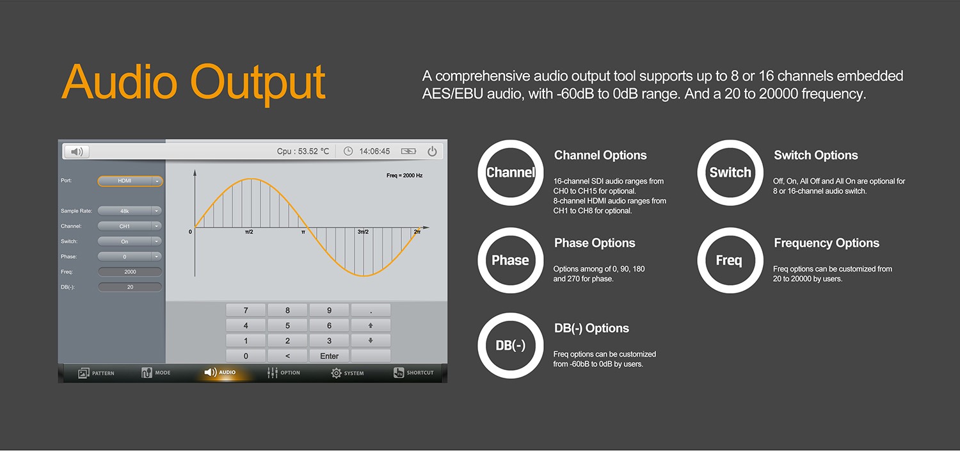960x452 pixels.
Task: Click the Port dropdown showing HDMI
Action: pyautogui.click(x=130, y=181)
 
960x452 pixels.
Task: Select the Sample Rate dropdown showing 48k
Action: pyautogui.click(x=129, y=211)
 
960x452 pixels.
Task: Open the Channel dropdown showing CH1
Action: pyautogui.click(x=129, y=226)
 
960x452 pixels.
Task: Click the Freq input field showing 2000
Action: pyautogui.click(x=130, y=271)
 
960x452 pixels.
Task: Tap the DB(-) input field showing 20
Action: pyautogui.click(x=130, y=287)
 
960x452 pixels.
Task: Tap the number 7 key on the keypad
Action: pyautogui.click(x=246, y=310)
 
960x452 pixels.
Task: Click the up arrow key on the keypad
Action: pyautogui.click(x=371, y=325)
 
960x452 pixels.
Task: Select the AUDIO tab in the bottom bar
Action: pyautogui.click(x=220, y=372)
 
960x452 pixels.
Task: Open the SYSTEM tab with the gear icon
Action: pyautogui.click(x=347, y=373)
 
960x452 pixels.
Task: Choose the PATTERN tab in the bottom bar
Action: pyautogui.click(x=96, y=373)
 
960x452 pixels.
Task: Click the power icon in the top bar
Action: pyautogui.click(x=432, y=151)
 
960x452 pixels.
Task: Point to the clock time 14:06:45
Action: pyautogui.click(x=374, y=151)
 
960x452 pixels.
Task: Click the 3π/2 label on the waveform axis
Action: pyautogui.click(x=363, y=232)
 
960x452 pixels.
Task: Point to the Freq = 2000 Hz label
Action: pyautogui.click(x=404, y=175)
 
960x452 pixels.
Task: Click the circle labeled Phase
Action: pyautogui.click(x=511, y=261)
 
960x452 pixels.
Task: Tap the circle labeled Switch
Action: pyautogui.click(x=730, y=172)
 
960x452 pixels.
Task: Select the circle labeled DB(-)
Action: pyautogui.click(x=511, y=346)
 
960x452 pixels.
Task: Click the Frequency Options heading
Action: pyautogui.click(x=826, y=243)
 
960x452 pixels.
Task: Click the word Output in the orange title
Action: pyautogui.click(x=257, y=83)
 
